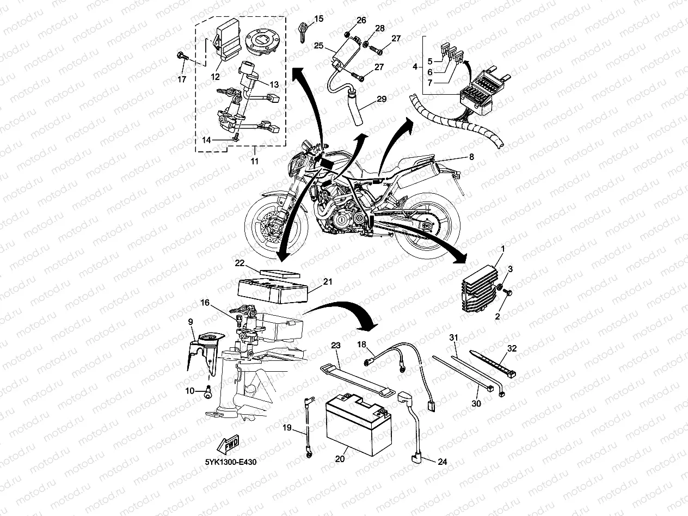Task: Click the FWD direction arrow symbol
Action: click(230, 444)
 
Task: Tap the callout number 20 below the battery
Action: click(340, 459)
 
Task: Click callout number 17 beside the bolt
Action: click(182, 79)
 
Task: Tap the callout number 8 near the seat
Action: click(471, 157)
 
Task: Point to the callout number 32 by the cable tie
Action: click(512, 348)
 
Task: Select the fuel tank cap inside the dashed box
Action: click(264, 41)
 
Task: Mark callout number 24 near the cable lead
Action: click(443, 461)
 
